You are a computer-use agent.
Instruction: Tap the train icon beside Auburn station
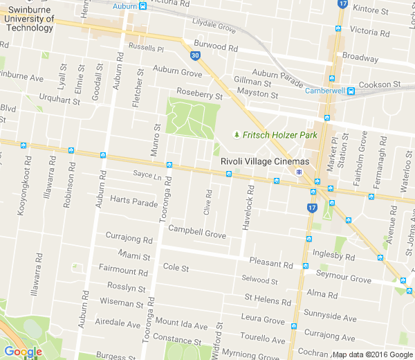(142, 6)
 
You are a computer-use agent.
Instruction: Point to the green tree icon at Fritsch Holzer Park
(237, 134)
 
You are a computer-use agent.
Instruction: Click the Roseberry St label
(200, 94)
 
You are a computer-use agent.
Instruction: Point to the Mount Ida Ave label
(181, 324)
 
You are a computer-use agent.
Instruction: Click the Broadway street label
(360, 57)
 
